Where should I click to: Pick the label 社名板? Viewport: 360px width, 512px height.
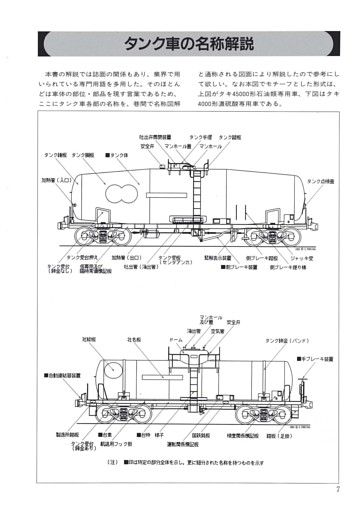pos(136,340)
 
